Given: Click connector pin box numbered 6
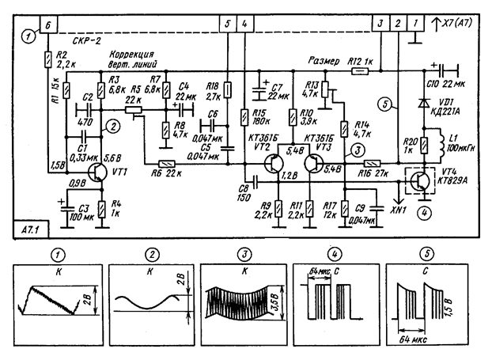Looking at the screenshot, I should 49,25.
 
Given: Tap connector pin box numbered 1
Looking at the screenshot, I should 417,25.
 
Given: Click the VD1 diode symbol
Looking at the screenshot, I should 424,104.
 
